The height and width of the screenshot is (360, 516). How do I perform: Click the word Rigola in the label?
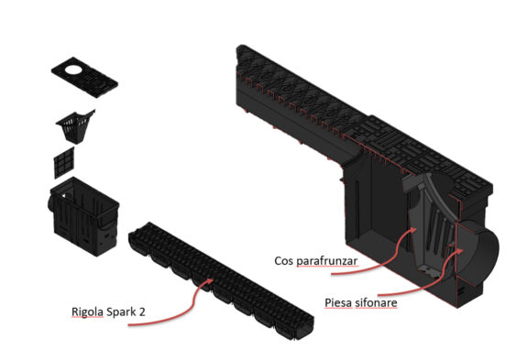click(x=88, y=311)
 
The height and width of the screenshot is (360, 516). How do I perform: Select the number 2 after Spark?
click(x=142, y=311)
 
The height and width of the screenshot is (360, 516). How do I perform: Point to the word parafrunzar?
click(x=327, y=261)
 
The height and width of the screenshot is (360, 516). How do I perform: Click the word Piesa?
click(x=338, y=302)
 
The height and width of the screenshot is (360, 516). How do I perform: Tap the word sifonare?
click(x=376, y=302)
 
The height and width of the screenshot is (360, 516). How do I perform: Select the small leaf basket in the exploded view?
click(x=75, y=126)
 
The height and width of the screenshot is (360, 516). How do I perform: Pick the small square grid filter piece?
click(x=64, y=163)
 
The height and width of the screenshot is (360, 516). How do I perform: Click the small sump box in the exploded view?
click(x=84, y=216)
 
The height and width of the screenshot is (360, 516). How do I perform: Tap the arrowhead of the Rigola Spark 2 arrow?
click(x=211, y=280)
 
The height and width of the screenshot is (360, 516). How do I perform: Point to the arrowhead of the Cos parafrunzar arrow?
click(x=414, y=229)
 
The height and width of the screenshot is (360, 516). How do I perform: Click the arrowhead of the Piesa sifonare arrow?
click(x=460, y=250)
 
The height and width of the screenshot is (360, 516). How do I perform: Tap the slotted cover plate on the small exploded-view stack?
click(x=84, y=77)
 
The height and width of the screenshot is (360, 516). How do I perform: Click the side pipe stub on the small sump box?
click(x=51, y=202)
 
